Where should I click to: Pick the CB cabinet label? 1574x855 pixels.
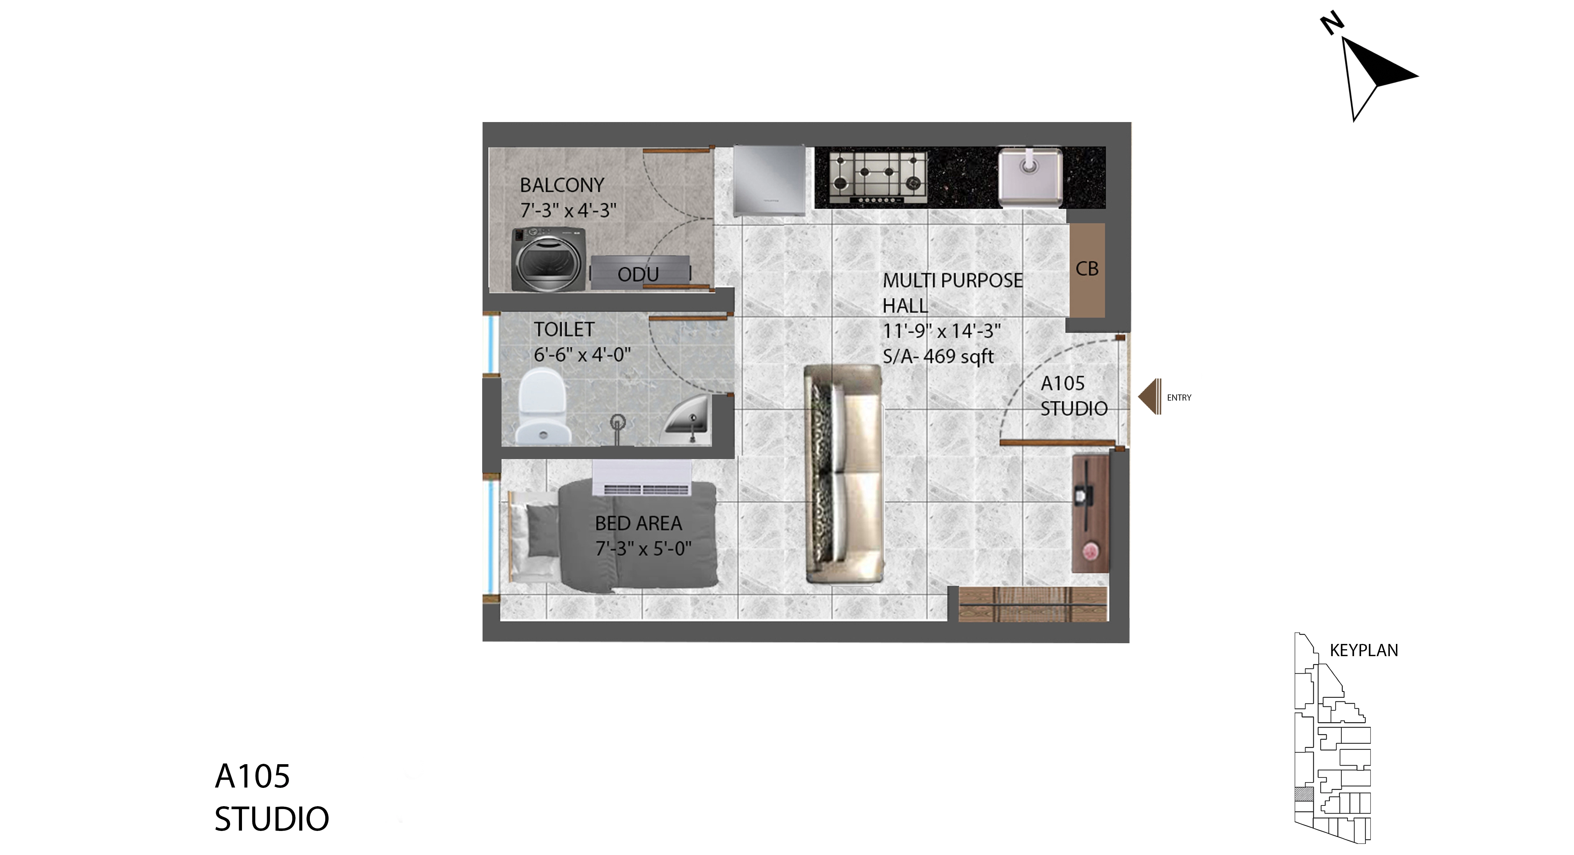(1087, 269)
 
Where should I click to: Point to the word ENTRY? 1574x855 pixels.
(1179, 398)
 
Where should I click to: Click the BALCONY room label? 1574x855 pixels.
(562, 185)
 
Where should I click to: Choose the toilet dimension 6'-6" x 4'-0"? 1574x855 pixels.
(582, 354)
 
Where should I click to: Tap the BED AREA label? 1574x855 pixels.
(638, 523)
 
